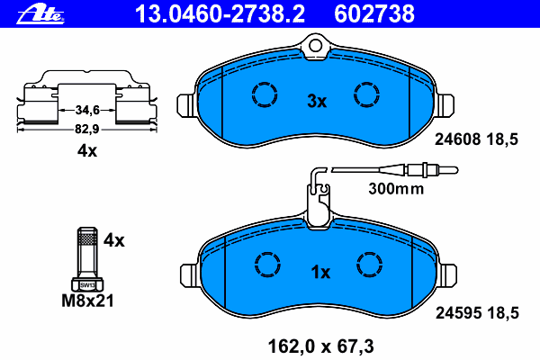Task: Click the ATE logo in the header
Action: coord(40,14)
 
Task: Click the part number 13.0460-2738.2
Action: coord(220,13)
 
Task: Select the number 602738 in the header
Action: coord(374,13)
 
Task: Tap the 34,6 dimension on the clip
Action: coord(87,110)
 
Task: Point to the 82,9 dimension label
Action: coord(87,130)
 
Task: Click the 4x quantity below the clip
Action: coord(87,150)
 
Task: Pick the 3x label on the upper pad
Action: coord(317,101)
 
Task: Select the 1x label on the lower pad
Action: coord(320,272)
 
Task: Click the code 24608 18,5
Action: coord(476,139)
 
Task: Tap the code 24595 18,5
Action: coord(477,313)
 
